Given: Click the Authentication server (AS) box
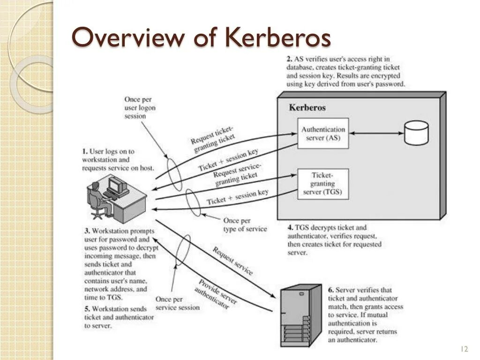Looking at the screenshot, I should click(323, 133).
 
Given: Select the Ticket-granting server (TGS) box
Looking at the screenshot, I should click(323, 184).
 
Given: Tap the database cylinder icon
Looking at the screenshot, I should click(416, 133).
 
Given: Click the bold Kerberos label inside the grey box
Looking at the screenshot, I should click(307, 107).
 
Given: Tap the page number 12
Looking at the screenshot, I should click(465, 349).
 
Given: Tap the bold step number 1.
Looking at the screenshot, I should click(85, 151).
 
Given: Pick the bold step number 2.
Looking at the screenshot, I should click(290, 59).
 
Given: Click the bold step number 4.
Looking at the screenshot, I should click(290, 228).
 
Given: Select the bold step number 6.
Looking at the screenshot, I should click(330, 290).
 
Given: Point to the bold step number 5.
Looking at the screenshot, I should click(87, 309).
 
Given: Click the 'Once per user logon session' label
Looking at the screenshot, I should click(140, 108).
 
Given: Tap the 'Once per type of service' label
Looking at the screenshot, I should click(245, 225).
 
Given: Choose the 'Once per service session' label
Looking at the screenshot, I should click(177, 303).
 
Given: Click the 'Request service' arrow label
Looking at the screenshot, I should click(232, 261).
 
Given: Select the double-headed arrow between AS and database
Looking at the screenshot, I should click(376, 133).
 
